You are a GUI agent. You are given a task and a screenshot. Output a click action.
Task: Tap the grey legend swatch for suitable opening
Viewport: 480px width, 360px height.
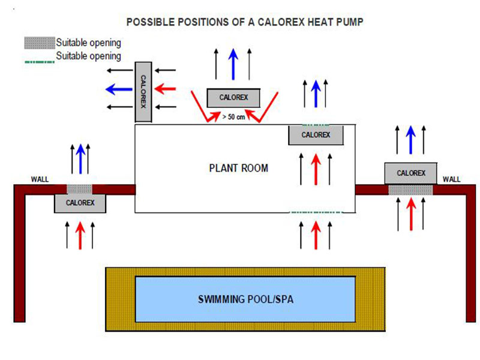(x=39, y=43)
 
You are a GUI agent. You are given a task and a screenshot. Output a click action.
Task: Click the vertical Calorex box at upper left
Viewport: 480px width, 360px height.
(x=143, y=92)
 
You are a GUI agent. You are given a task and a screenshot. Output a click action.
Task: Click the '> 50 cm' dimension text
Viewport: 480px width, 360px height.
(x=233, y=116)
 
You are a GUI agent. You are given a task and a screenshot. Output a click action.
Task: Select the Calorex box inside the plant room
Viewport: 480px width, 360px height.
(x=316, y=135)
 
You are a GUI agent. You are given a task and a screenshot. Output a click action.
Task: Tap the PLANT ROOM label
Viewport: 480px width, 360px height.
(x=238, y=168)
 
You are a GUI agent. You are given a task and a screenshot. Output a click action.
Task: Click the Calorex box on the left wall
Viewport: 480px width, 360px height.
(x=79, y=203)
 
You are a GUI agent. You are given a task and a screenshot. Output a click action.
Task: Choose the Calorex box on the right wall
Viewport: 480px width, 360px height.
(x=410, y=173)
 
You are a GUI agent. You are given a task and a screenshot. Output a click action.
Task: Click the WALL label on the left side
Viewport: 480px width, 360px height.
(x=40, y=179)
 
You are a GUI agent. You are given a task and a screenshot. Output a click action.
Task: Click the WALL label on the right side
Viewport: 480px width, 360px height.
(x=451, y=179)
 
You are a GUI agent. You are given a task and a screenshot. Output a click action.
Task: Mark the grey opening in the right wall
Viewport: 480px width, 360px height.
(x=410, y=190)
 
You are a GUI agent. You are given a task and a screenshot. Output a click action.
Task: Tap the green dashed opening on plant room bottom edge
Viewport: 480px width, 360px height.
(x=316, y=212)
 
